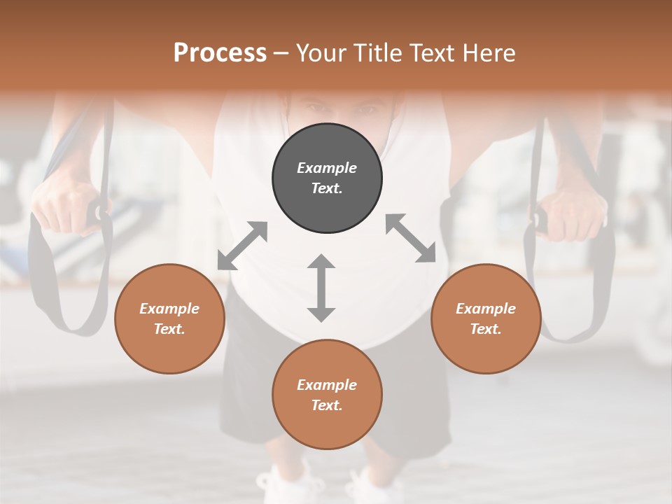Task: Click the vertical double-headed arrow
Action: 321,288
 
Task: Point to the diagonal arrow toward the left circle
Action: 242,246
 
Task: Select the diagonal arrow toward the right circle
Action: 411,238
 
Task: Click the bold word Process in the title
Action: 220,52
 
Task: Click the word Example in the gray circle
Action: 327,168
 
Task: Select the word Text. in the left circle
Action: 169,329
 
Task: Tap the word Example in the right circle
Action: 486,309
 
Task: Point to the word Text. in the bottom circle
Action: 327,405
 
